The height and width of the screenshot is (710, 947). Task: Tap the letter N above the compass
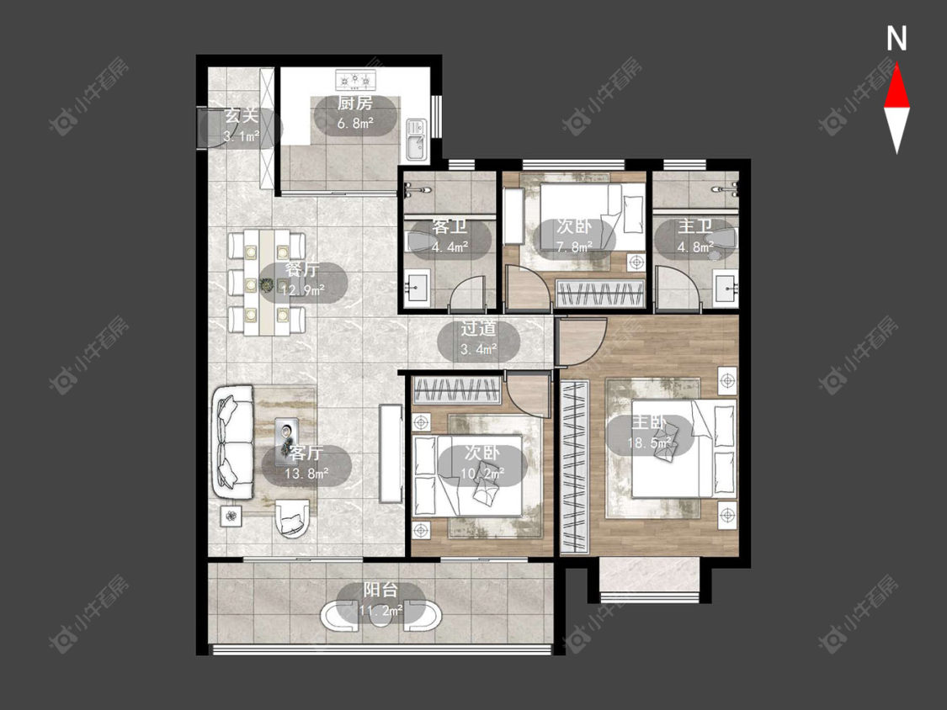(896, 39)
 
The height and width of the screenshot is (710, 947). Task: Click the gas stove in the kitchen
(356, 78)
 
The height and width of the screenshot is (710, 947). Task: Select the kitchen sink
(416, 139)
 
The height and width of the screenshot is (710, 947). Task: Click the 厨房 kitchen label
(355, 103)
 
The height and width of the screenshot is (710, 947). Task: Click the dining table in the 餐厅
(266, 282)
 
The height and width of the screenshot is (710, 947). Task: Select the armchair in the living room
(293, 517)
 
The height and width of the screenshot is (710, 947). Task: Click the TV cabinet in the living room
(391, 453)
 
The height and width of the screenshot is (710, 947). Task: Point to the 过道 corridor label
(479, 329)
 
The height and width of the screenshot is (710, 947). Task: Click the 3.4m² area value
(479, 349)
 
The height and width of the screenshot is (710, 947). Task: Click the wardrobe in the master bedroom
(574, 467)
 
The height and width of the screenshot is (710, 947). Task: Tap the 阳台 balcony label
(381, 590)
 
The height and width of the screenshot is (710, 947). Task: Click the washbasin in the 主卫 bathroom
(726, 288)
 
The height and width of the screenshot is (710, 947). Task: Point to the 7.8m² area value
(574, 247)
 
